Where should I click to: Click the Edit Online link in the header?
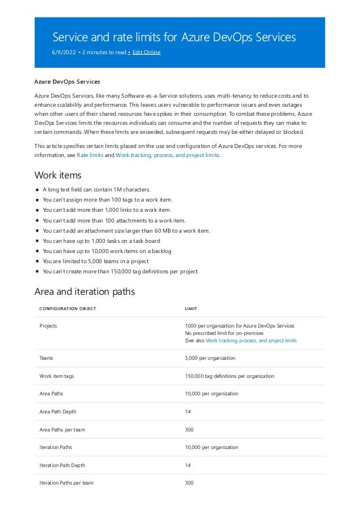pyautogui.click(x=146, y=52)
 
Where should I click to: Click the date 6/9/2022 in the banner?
pyautogui.click(x=62, y=52)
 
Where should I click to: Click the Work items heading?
pyautogui.click(x=58, y=175)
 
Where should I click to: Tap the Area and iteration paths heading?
pyautogui.click(x=84, y=291)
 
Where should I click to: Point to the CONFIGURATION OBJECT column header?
pyautogui.click(x=68, y=308)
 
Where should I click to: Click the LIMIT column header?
pyautogui.click(x=191, y=308)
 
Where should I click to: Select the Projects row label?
pyautogui.click(x=48, y=325)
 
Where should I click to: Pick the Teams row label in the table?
pyautogui.click(x=46, y=358)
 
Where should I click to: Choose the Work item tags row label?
pyautogui.click(x=56, y=376)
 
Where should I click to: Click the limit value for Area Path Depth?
pyautogui.click(x=188, y=412)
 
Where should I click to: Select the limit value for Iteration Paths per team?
pyautogui.click(x=189, y=483)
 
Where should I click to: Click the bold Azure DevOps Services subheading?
pyautogui.click(x=67, y=82)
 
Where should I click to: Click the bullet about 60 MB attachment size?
pyautogui.click(x=126, y=230)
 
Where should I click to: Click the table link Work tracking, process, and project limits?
pyautogui.click(x=251, y=341)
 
